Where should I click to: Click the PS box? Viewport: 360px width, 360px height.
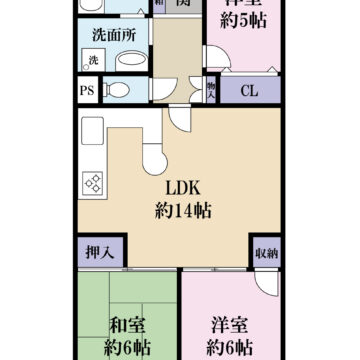tap(86, 92)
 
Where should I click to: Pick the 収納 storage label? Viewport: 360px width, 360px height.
tap(265, 252)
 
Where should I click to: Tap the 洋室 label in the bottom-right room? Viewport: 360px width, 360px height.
tap(229, 324)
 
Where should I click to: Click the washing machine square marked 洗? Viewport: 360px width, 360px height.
tap(93, 61)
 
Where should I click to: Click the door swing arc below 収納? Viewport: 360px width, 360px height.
tap(266, 284)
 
